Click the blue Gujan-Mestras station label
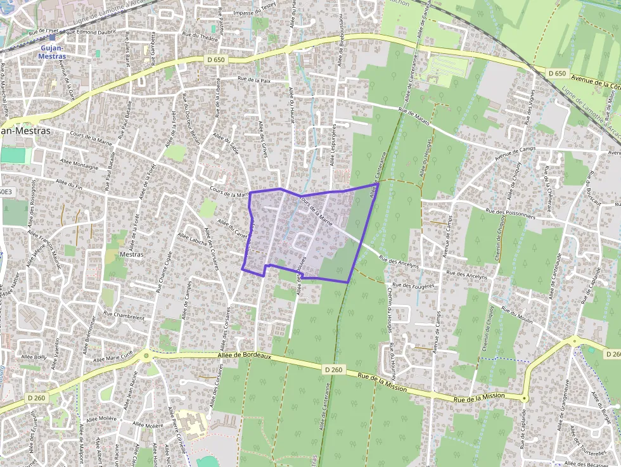pyautogui.click(x=53, y=51)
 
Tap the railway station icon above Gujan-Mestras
pyautogui.click(x=53, y=37)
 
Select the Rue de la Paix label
pyautogui.click(x=253, y=80)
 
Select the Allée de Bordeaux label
pyautogui.click(x=244, y=358)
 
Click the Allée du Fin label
pyautogui.click(x=69, y=184)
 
